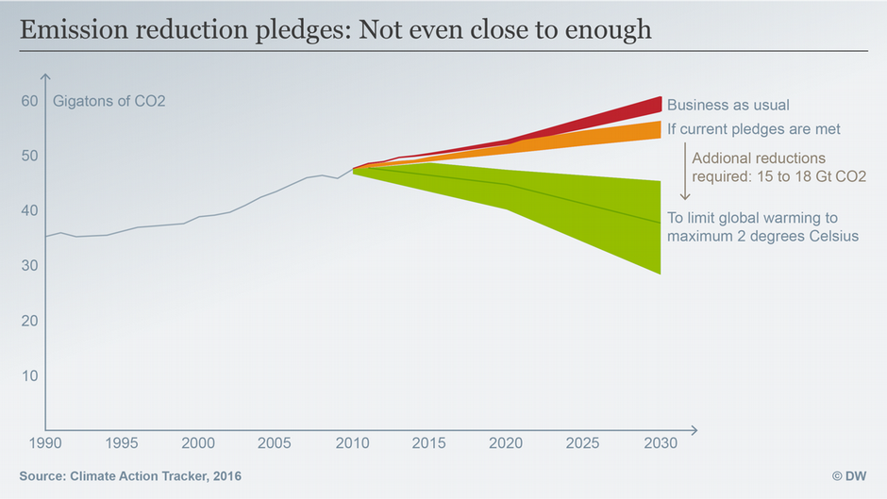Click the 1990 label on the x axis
pos(45,442)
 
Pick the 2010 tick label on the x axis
pos(352,442)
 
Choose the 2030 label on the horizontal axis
pos(660,442)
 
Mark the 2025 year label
pos(583,442)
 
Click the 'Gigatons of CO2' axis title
pos(109,101)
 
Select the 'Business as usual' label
pos(728,105)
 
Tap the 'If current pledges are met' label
pos(753,128)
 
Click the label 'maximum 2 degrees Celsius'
pos(762,236)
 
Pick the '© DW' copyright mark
pos(849,476)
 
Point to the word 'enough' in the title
pos(608,29)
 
